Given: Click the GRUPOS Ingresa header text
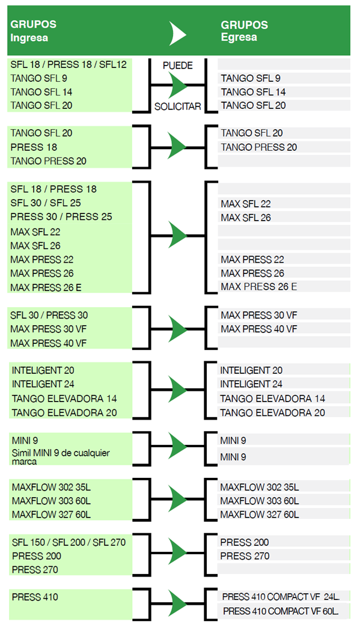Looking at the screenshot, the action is pos(33,31).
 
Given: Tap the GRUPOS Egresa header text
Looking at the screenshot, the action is pos(244,31).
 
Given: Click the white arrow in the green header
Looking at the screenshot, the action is pos(177,34).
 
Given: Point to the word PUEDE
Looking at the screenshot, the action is pos(177,66).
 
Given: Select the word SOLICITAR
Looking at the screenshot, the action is pos(177,106).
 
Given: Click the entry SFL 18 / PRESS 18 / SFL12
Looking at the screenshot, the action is pos(69,64).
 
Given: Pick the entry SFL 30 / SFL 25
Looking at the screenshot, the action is pos(46,203).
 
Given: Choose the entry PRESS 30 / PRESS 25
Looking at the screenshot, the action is pos(61,217).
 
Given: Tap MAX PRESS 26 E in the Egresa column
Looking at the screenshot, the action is pos(259,287).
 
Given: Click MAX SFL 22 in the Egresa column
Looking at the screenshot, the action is pos(245,204).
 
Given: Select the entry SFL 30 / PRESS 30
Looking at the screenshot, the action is pos(49,316).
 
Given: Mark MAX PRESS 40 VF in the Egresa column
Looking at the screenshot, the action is pos(259,329).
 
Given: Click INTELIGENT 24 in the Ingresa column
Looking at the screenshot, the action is pos(43,384).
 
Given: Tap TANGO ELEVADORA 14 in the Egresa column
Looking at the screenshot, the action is pos(272,399).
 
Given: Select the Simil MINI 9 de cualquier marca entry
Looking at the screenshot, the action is pos(61,457).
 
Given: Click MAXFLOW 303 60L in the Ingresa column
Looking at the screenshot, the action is pos(51,501).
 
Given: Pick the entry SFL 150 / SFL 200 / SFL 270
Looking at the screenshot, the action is pos(69,542).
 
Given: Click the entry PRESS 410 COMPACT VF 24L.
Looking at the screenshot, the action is pos(281,597).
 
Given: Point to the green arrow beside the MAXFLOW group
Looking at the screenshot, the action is pos(177,499).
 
